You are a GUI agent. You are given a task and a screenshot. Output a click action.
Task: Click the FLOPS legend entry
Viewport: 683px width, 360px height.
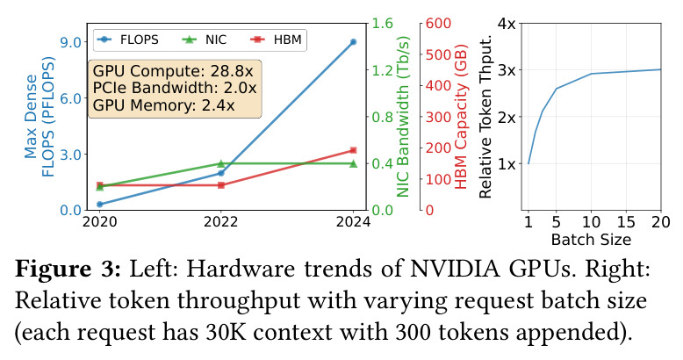pos(127,40)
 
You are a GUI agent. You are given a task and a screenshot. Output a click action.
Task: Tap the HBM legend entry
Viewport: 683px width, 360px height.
pos(277,40)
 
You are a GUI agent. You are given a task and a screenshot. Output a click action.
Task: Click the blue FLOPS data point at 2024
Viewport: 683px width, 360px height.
pos(353,42)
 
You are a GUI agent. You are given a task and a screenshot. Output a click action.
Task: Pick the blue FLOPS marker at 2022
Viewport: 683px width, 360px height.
pos(221,173)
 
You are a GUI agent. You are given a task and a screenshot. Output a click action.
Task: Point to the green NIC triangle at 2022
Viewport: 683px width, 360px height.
pos(221,163)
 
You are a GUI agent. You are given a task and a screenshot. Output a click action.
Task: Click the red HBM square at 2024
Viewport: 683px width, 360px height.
pos(353,150)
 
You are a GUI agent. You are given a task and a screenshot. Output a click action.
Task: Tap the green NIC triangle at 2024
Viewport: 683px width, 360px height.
pos(353,163)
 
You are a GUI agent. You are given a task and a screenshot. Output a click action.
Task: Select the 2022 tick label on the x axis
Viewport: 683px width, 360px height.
pos(221,222)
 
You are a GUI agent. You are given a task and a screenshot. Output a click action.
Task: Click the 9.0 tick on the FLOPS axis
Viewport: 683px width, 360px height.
pos(73,42)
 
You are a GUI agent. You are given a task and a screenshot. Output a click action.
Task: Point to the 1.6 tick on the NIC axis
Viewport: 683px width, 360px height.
pos(383,23)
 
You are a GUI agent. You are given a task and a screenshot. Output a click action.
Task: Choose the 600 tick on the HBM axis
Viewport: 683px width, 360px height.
pos(438,23)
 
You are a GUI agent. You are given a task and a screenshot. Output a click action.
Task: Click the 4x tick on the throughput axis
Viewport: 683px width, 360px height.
pos(507,23)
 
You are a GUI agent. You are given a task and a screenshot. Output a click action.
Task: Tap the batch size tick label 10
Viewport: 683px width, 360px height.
pos(591,222)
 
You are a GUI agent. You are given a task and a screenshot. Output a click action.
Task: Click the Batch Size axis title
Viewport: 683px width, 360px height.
pos(591,240)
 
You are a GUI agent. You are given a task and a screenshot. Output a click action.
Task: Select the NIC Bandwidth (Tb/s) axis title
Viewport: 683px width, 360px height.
pos(403,117)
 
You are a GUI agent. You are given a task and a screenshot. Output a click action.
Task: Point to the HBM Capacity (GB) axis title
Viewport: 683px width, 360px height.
pos(461,117)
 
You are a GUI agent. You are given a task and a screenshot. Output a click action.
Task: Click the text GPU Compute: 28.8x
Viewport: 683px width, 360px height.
pos(173,71)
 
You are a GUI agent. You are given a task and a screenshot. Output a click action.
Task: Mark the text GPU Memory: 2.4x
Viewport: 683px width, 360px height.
pos(164,105)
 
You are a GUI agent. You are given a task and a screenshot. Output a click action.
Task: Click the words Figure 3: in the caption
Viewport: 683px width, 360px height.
pos(68,270)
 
